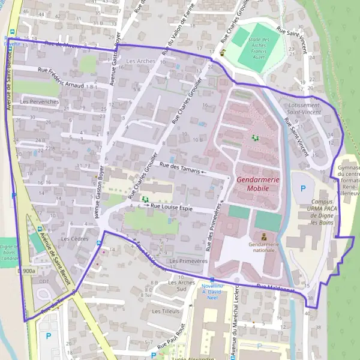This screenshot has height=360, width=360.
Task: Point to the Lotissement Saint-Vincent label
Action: tap(303, 108)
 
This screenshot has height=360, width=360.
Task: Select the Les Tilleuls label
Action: tap(164, 311)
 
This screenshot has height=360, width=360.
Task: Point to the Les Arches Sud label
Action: tap(182, 285)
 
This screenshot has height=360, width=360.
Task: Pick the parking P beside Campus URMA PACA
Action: tap(301, 188)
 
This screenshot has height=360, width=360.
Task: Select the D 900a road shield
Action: tap(26, 271)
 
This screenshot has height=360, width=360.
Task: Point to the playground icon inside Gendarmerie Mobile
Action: tap(255, 138)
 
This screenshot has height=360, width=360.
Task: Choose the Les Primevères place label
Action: tap(188, 262)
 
